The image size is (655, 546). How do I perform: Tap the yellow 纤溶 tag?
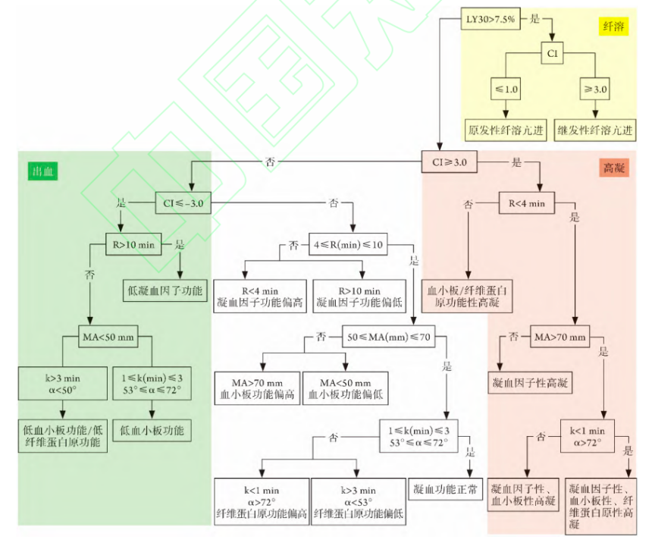613,26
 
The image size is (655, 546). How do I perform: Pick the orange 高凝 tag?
613,168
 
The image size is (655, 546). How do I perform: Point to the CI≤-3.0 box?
183,203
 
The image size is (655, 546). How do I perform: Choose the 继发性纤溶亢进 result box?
594,130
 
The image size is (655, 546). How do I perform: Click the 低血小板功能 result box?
152,431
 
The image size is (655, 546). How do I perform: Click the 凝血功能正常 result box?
446,489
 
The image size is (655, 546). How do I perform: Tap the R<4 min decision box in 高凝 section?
526,203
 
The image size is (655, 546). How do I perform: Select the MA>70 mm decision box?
560,335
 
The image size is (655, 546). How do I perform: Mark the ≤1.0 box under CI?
506,89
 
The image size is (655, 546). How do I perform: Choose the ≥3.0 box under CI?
595,89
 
